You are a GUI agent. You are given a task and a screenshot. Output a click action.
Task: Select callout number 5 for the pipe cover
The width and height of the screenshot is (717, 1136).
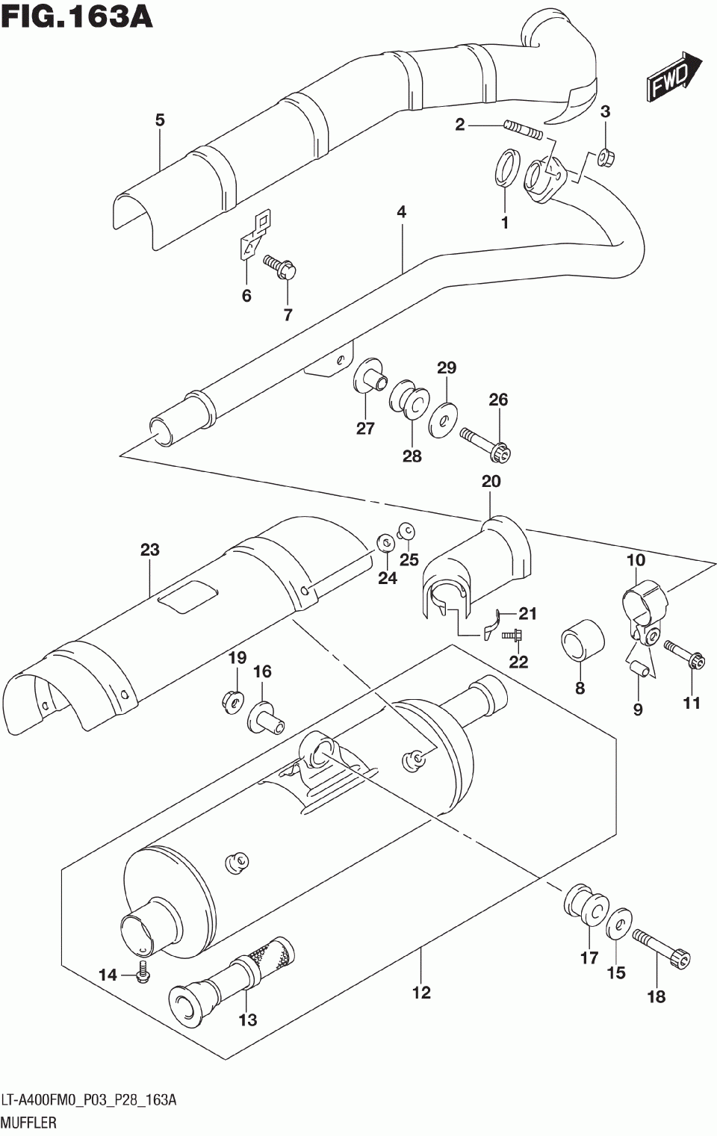[x=160, y=120]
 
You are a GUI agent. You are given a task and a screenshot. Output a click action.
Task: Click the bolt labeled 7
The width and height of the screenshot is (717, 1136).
[x=280, y=267]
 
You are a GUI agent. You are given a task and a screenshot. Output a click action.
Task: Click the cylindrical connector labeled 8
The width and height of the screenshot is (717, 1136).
[x=583, y=641]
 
